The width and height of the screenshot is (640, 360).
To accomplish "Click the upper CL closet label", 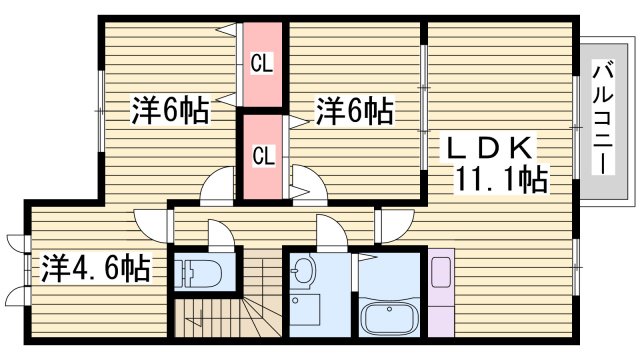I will (x=262, y=66).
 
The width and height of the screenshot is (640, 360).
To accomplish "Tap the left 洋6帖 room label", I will (x=170, y=110).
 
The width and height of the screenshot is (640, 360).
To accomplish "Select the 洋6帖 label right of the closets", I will (x=354, y=109).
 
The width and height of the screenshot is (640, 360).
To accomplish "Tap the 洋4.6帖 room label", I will (x=96, y=268).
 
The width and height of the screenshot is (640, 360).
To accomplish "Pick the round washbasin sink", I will (x=303, y=270).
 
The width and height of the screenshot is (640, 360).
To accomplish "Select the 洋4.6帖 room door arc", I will (x=147, y=222).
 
